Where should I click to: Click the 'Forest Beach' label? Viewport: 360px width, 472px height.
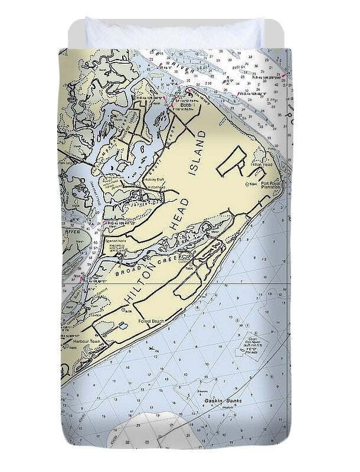coord(150,321)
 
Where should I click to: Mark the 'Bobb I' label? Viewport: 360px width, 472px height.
coord(179,106)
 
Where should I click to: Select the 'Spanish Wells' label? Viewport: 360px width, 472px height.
coord(113,240)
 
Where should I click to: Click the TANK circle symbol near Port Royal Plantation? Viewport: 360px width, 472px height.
coord(247,185)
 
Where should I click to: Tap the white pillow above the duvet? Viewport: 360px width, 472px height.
coord(174,32)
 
